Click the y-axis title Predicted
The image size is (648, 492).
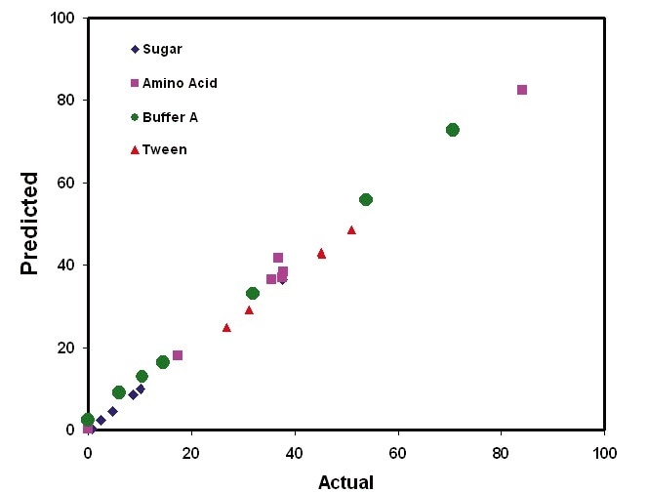coord(29,224)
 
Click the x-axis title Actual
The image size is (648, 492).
coord(345,481)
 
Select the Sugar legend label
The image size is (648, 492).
coord(162,49)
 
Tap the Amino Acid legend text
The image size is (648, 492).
coord(180,83)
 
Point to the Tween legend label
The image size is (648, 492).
coord(164,149)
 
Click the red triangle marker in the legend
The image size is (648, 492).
coord(134,149)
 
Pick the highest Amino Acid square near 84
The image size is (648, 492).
coord(522,90)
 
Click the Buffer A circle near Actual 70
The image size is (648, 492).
coord(452,130)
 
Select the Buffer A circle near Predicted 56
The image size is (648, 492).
coord(366,199)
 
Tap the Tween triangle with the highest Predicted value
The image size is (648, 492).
coord(351,230)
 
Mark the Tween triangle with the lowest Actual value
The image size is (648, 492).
coord(226,328)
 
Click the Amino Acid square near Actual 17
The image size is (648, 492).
coord(178,355)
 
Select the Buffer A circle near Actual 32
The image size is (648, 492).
coord(253,293)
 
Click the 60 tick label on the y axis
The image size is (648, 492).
coord(67,183)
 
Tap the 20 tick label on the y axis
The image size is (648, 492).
coord(67,348)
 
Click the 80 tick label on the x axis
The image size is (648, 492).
coord(502,452)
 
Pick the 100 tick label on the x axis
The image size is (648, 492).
coord(605,452)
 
